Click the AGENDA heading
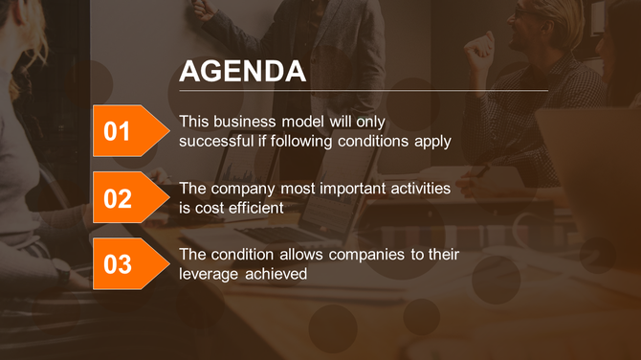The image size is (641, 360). pyautogui.click(x=243, y=72)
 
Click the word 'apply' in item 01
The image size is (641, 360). pyautogui.click(x=432, y=141)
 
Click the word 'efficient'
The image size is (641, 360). pyautogui.click(x=254, y=207)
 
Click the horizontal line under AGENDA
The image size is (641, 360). pyautogui.click(x=364, y=91)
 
